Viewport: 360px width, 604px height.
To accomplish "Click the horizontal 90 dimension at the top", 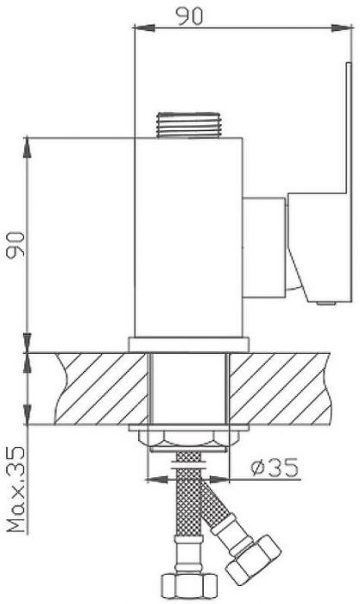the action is tap(189, 16).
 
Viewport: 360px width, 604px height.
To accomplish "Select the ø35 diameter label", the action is tap(275, 468).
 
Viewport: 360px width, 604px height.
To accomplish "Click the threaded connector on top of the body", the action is tap(188, 125).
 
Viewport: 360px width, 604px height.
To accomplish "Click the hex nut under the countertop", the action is tap(188, 439).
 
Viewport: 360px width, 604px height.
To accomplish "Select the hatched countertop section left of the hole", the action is tap(101, 388).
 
